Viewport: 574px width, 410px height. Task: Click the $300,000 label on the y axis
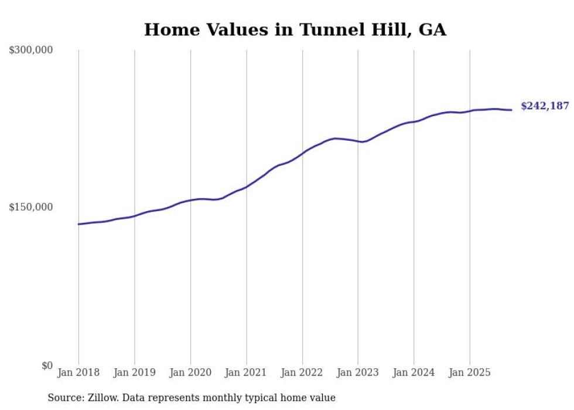31,50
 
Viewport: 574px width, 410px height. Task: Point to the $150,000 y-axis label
31,207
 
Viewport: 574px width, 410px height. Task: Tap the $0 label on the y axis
47,365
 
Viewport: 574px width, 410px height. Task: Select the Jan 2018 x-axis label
78,372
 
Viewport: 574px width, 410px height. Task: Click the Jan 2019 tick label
134,372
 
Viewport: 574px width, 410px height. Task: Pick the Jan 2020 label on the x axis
190,372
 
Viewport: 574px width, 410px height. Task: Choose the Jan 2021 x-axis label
246,372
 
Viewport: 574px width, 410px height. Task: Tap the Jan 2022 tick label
302,372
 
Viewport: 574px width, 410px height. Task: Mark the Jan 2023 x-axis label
358,372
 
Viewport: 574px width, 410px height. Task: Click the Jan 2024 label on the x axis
414,372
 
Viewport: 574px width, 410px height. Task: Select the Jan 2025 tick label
470,372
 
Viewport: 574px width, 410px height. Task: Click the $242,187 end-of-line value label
545,106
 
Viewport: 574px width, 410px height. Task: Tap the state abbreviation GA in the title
432,30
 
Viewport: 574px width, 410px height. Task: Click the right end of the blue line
511,110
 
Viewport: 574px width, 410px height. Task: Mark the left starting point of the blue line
78,224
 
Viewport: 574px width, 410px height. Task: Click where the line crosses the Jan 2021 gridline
246,187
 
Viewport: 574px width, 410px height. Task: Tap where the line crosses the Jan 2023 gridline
358,141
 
